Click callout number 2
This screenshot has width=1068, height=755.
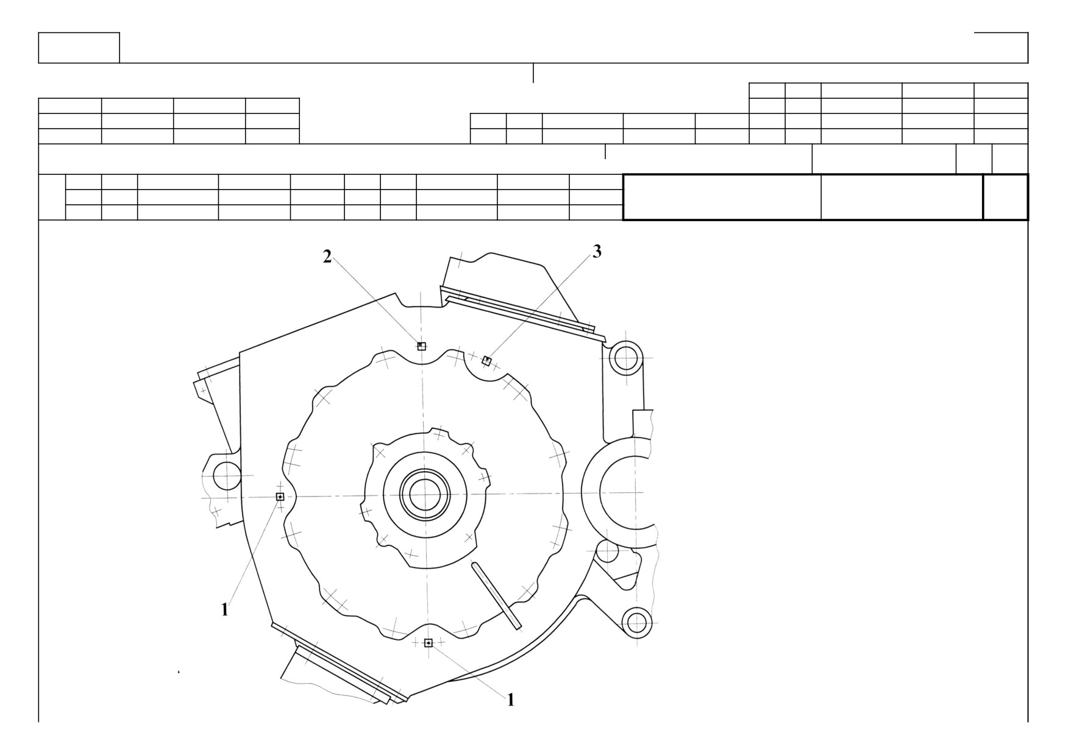point(327,257)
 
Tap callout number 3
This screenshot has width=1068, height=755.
point(597,251)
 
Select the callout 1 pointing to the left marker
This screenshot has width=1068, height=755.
point(224,609)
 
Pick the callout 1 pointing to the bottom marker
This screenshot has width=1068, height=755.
point(511,700)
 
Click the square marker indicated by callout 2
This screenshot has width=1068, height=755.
point(421,346)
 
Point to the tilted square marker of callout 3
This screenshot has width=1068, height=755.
point(486,361)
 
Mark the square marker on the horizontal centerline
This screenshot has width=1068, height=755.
point(280,497)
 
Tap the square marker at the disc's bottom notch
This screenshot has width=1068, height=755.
point(428,643)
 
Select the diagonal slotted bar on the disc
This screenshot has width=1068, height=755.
point(496,596)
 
